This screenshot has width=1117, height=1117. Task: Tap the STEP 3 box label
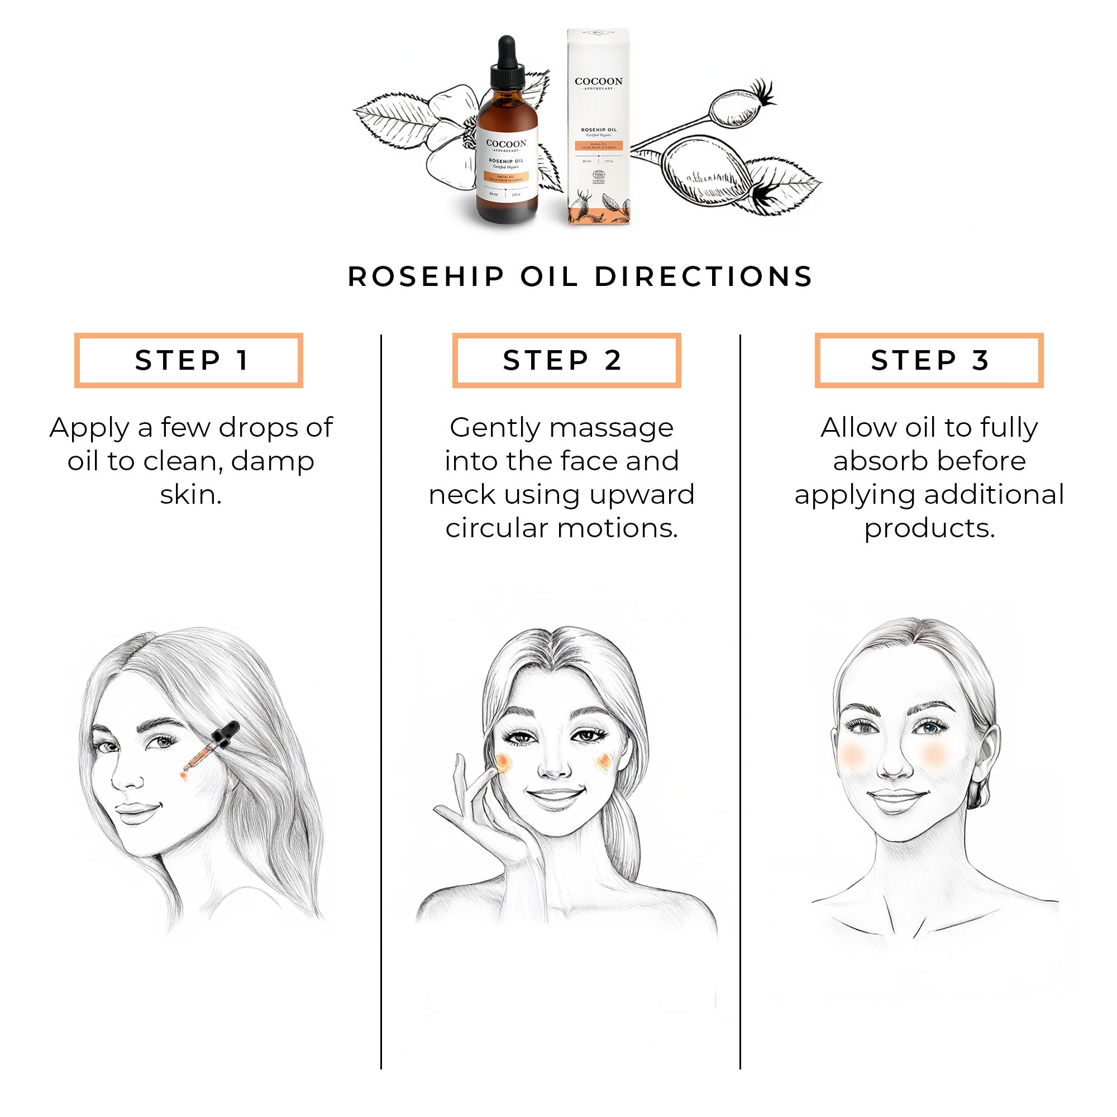coord(929,360)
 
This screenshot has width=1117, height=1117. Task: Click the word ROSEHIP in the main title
coord(426,276)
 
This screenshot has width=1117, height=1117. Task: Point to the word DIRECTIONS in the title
coord(704,276)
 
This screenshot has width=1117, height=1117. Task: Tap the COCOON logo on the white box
coord(598,82)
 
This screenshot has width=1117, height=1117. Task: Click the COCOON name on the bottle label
coord(506,144)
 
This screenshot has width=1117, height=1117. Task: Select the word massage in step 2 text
coord(611,428)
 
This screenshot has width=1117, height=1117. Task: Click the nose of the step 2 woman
coord(553,766)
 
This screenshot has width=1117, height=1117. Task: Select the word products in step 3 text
coord(929,528)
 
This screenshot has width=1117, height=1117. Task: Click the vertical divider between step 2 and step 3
coord(740,694)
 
